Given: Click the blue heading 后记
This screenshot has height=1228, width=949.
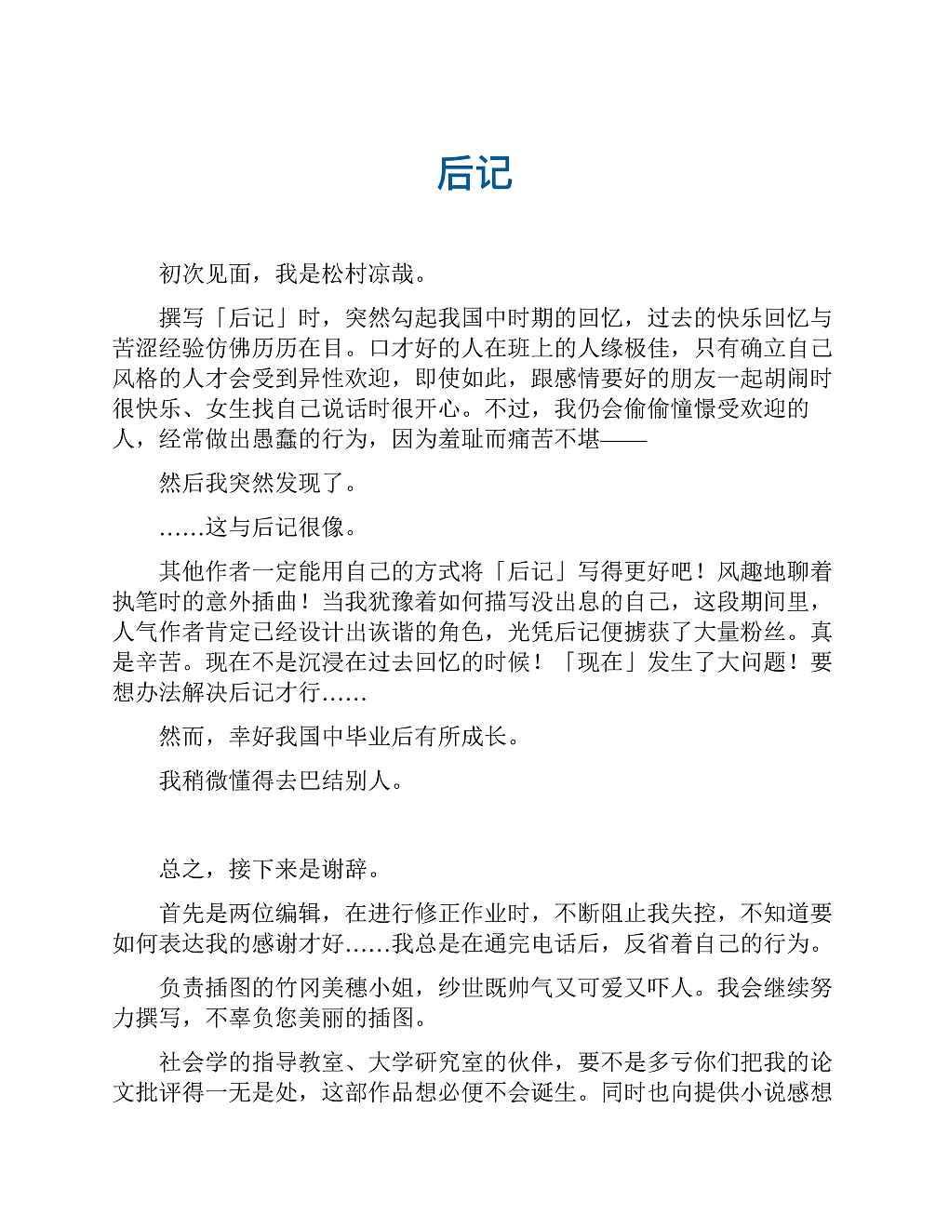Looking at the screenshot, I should tap(474, 174).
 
